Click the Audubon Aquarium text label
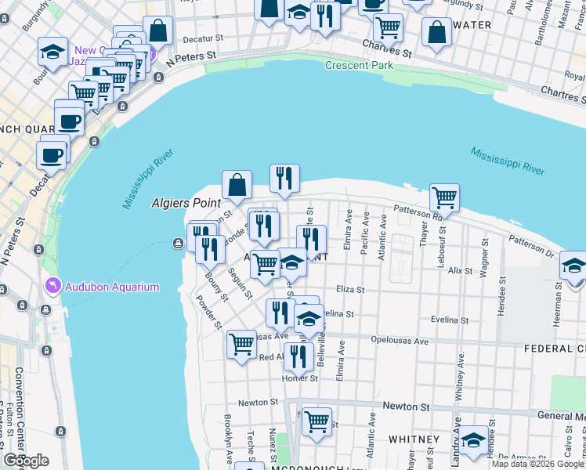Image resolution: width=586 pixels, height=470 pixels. tap(112, 287)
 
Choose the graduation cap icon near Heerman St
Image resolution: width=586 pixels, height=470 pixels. tap(573, 266)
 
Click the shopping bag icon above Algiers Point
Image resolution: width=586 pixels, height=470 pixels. tap(237, 185)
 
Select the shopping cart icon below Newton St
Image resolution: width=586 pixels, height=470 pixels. tap(317, 421)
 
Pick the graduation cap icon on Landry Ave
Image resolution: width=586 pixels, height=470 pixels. tap(473, 439)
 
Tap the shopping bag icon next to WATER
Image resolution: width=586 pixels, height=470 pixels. tap(436, 32)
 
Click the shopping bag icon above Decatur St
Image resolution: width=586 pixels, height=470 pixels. tap(158, 31)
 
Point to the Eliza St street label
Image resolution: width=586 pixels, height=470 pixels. tap(350, 290)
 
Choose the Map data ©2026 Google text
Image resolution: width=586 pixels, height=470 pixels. tap(537, 464)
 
